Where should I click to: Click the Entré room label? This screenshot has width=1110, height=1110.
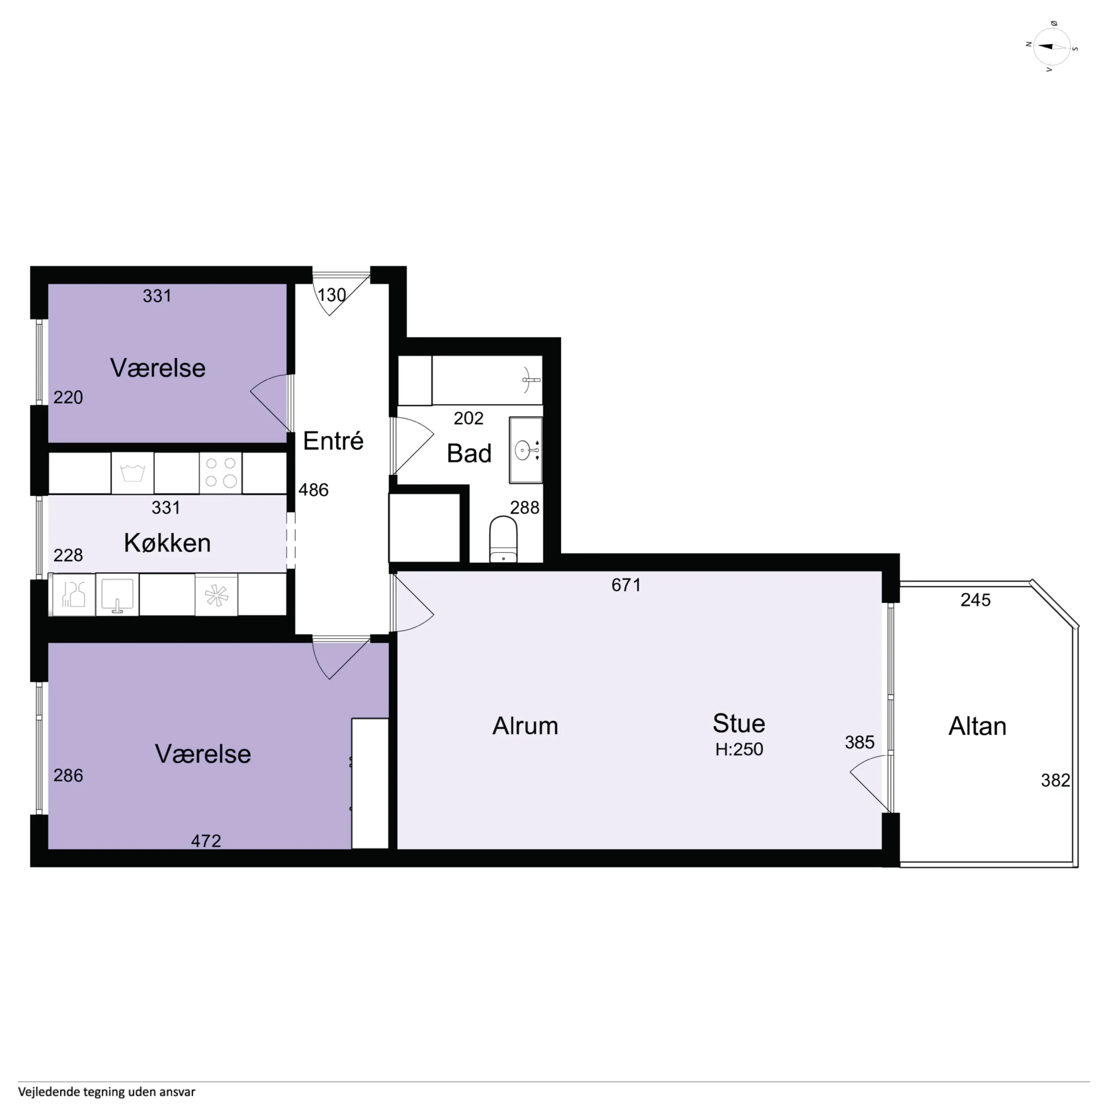(x=333, y=441)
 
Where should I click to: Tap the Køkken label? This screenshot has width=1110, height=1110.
(x=167, y=543)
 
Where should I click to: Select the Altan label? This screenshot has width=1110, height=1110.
(x=977, y=726)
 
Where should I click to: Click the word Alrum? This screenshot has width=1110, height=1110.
(x=525, y=726)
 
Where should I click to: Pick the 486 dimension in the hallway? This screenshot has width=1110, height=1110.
(x=314, y=490)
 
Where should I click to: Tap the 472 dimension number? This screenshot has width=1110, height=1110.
(x=206, y=841)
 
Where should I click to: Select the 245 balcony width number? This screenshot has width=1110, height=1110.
(x=975, y=600)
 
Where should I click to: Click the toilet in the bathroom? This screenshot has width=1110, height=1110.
(x=503, y=539)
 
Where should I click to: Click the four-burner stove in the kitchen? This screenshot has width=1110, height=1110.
(x=221, y=473)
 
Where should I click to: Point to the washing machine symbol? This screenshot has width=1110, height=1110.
(x=132, y=473)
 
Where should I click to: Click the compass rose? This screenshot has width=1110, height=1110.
(x=1052, y=47)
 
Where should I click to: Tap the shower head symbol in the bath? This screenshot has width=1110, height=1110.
(x=531, y=380)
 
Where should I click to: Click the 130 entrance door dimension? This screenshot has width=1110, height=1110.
(x=332, y=295)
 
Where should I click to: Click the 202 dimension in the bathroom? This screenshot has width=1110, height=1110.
(x=468, y=418)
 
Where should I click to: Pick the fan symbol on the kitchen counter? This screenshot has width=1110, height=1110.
(x=217, y=595)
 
